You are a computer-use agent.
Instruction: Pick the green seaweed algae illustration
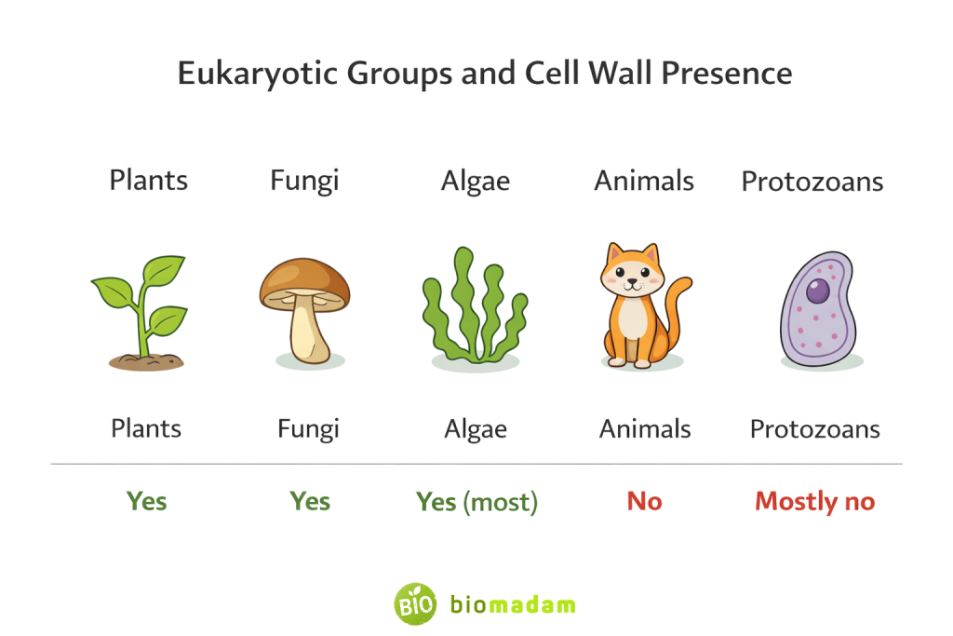474,308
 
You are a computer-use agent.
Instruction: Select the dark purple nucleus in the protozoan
817,291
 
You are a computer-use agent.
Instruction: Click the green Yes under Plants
146,501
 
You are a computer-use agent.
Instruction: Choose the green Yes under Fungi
309,501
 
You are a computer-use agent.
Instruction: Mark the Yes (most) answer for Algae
476,502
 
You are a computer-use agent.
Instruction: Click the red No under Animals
644,501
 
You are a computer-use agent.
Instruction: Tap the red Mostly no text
814,502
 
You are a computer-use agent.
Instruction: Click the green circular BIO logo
414,603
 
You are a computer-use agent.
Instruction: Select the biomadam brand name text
513,604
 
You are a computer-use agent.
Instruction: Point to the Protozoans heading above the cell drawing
812,182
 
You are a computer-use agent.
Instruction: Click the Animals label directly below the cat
644,429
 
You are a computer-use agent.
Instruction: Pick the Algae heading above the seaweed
475,181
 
